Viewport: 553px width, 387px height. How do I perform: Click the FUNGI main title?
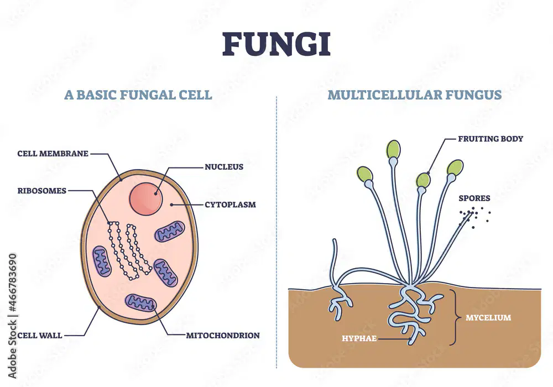(x=276, y=44)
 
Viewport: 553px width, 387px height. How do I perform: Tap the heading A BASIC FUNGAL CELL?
(x=138, y=95)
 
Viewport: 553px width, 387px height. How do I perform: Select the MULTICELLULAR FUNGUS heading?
(x=414, y=95)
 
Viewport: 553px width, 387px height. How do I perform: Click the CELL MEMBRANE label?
(x=53, y=154)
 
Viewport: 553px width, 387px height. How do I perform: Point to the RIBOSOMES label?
(x=42, y=191)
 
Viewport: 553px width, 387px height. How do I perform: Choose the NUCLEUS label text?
(x=224, y=167)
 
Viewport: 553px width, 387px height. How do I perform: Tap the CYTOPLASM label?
(x=230, y=205)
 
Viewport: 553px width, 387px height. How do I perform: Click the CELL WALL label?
(x=40, y=336)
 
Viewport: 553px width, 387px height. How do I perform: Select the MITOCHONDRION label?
(x=223, y=336)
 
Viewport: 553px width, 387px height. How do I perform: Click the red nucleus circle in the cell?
(x=145, y=199)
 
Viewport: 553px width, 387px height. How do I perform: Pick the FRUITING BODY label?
(x=491, y=139)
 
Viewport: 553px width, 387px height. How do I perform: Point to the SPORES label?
(x=474, y=198)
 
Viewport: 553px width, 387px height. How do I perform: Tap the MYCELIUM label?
(x=488, y=317)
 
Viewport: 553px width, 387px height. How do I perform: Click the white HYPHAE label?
(x=359, y=338)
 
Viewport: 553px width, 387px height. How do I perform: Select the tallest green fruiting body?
(x=393, y=149)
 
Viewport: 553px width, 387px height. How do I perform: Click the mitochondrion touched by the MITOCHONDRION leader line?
(x=141, y=303)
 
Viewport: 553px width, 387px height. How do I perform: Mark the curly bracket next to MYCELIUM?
(x=456, y=317)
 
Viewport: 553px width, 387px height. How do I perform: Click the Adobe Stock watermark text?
(x=12, y=316)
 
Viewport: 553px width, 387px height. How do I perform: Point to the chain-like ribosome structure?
(x=129, y=251)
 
